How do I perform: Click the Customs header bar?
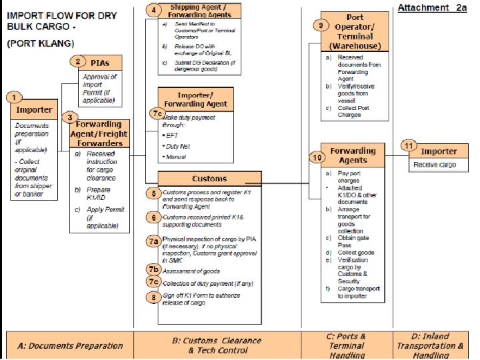[209, 178]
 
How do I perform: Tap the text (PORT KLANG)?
[35, 43]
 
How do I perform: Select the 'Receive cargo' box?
[435, 164]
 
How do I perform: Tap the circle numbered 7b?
[154, 269]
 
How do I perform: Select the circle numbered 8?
[154, 298]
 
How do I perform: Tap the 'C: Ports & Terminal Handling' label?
[347, 345]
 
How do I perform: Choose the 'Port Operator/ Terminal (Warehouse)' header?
[355, 31]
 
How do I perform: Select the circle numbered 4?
[155, 10]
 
